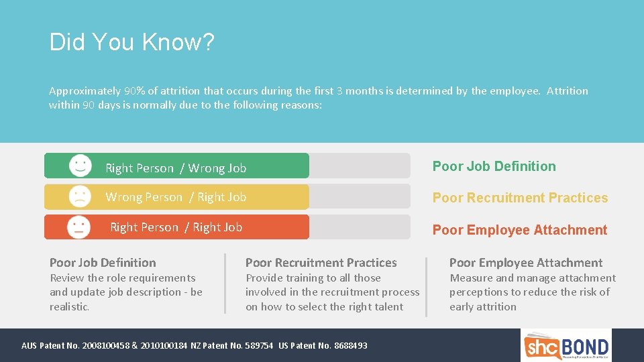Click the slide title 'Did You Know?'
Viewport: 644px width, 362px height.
pyautogui.click(x=131, y=43)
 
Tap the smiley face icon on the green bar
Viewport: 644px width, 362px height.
pyautogui.click(x=80, y=166)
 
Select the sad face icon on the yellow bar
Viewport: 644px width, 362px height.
pyautogui.click(x=80, y=196)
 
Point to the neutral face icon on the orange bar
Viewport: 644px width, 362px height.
pyautogui.click(x=79, y=227)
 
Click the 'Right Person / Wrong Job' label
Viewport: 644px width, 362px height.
pyautogui.click(x=176, y=168)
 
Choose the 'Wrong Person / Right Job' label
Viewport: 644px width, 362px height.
pyautogui.click(x=176, y=197)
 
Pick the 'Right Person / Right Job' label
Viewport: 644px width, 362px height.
pyautogui.click(x=176, y=227)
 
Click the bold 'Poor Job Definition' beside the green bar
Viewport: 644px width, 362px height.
pyautogui.click(x=494, y=166)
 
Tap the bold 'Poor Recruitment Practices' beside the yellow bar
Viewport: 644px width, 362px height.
pyautogui.click(x=520, y=198)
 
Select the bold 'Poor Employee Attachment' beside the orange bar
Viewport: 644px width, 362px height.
pyautogui.click(x=519, y=230)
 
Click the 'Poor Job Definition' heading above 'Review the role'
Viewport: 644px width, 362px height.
pyautogui.click(x=103, y=263)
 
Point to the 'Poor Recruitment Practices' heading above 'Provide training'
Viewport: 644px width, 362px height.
pyautogui.click(x=321, y=263)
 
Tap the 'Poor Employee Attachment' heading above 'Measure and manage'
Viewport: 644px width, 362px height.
pyautogui.click(x=525, y=263)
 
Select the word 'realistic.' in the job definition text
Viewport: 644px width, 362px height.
pyautogui.click(x=69, y=307)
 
